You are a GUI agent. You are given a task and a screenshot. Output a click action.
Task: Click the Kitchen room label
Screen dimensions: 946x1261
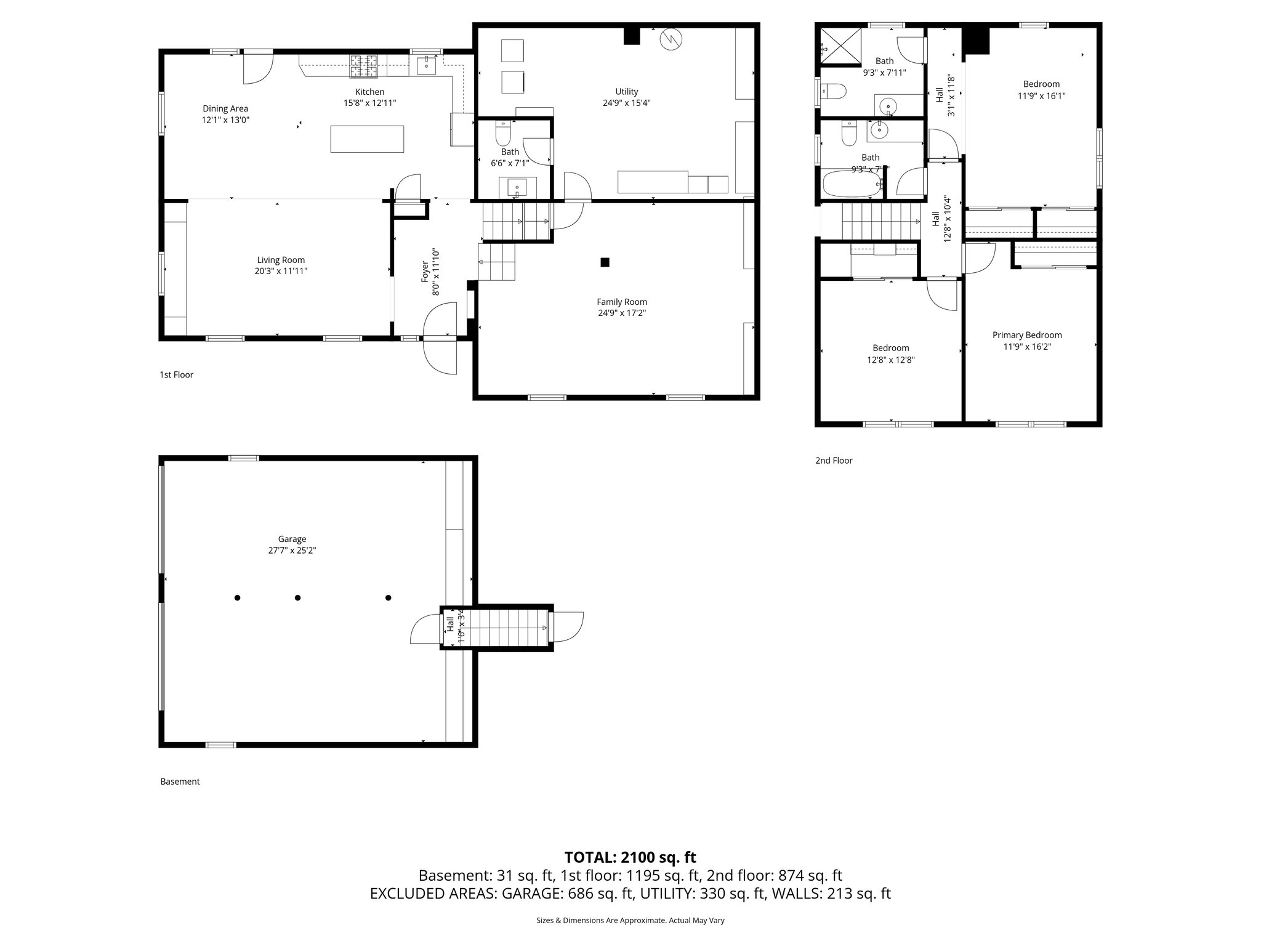coord(369,92)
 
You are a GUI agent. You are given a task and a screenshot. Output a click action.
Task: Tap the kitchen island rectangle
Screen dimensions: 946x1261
coord(368,139)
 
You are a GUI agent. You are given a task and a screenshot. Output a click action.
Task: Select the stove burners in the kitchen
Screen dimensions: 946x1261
coord(364,66)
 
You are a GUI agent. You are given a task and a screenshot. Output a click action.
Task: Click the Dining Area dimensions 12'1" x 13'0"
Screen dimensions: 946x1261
coord(225,120)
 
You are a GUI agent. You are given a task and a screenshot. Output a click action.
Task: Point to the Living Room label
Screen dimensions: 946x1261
coord(281,260)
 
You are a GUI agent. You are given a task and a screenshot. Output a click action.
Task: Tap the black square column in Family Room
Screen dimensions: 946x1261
coord(605,262)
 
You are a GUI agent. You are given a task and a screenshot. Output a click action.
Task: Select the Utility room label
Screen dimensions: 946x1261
coord(627,92)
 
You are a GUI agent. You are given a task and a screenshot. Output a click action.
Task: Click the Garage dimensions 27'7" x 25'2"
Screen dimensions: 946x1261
coord(292,551)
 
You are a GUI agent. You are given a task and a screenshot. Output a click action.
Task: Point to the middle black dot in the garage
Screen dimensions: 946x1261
coord(297,597)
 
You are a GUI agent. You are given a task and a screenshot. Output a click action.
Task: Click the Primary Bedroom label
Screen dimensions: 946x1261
coord(1027,335)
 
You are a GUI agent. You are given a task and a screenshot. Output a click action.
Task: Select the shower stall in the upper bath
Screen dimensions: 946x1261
coord(840,46)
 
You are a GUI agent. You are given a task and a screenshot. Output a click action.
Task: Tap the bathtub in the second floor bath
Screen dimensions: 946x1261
coord(853,185)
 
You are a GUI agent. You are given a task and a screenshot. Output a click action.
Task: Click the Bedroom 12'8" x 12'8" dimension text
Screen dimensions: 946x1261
coord(890,360)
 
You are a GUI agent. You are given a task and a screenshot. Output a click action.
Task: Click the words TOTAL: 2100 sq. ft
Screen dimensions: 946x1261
coord(630,857)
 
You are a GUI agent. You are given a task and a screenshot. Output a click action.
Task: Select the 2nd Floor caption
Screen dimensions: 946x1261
coord(834,461)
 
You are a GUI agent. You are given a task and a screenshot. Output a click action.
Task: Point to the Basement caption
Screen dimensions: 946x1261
coord(180,782)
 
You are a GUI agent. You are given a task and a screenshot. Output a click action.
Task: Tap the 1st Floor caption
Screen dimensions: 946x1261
coord(176,374)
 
